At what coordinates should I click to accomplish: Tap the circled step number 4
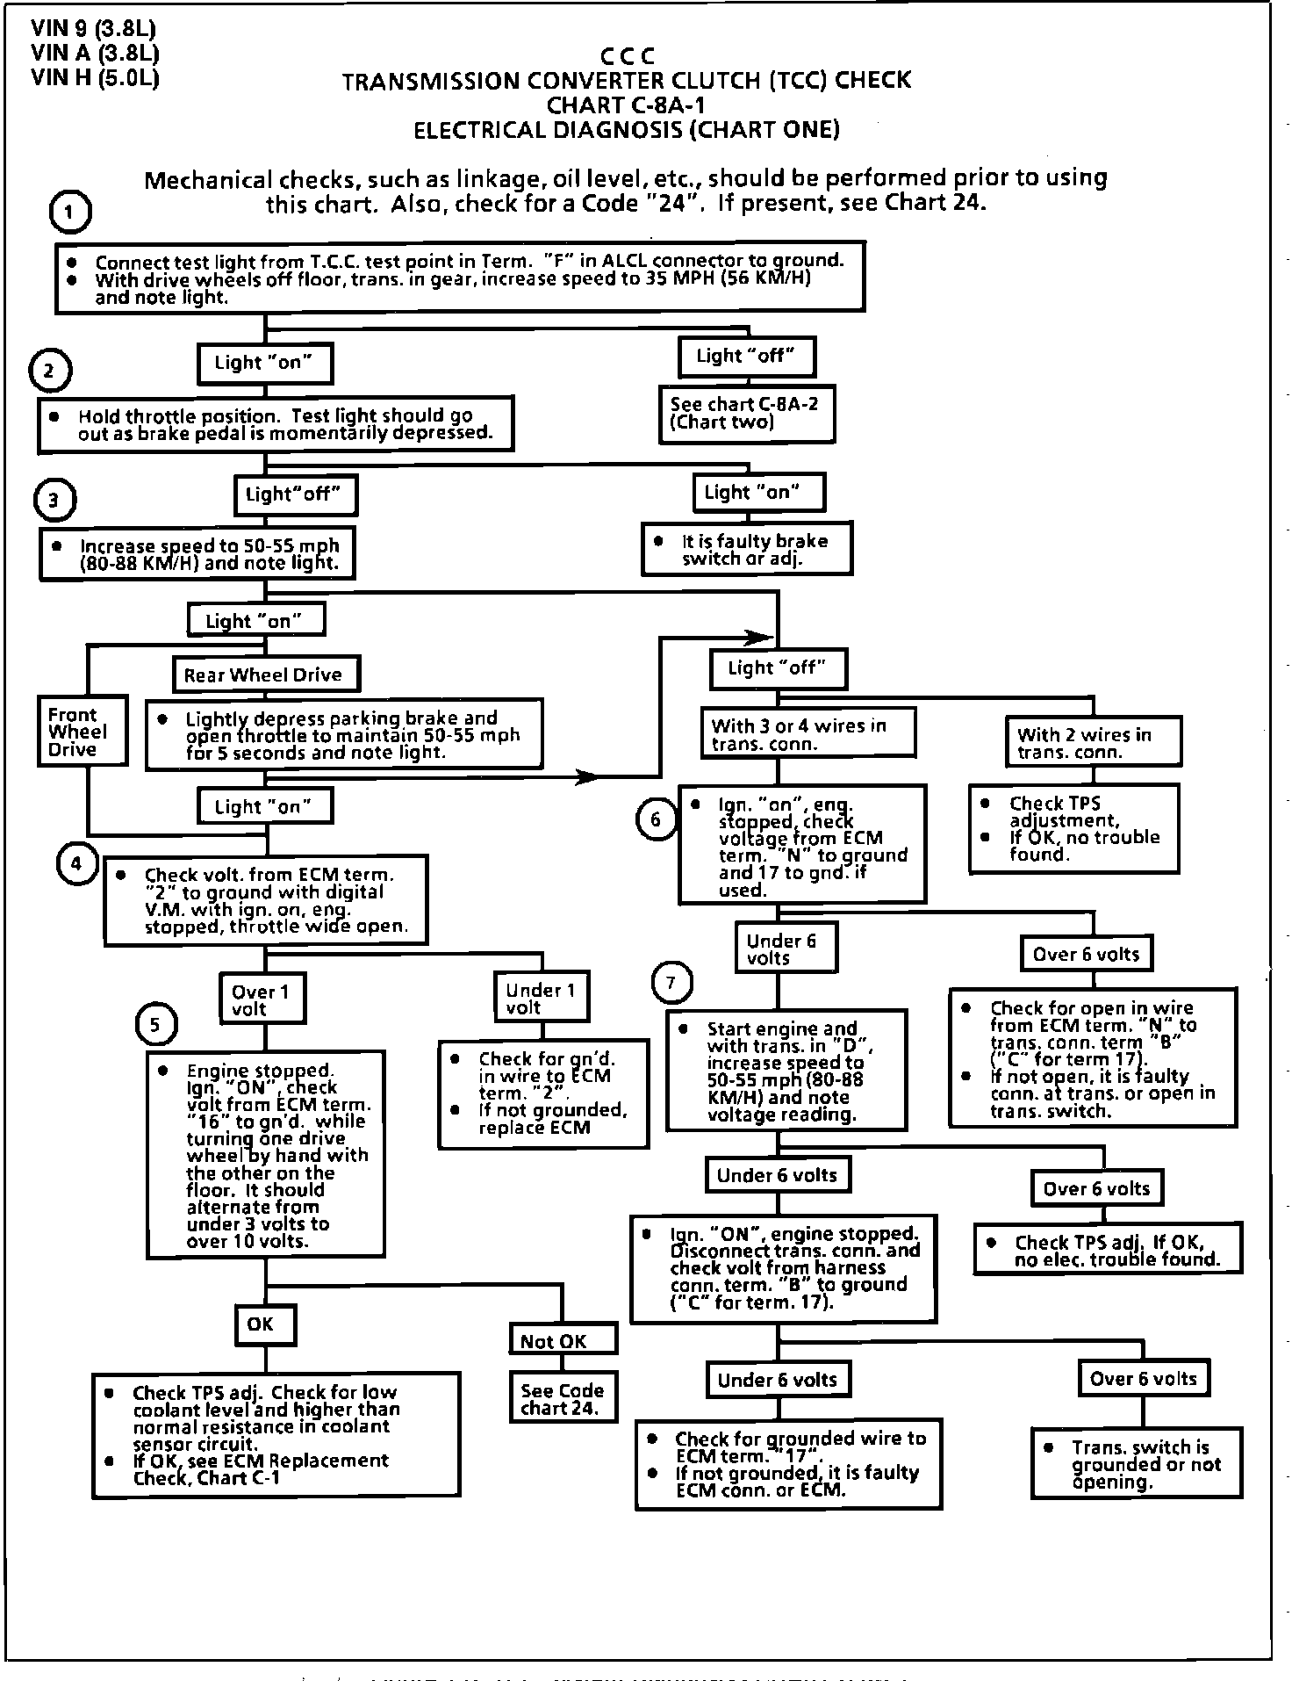(76, 863)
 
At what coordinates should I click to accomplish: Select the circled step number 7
(671, 983)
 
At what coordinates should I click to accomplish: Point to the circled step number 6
(656, 819)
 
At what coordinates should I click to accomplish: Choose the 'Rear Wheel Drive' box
(263, 675)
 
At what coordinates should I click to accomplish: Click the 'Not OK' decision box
(563, 1340)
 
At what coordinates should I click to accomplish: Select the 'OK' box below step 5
(261, 1324)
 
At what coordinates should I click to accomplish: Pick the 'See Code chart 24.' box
(562, 1399)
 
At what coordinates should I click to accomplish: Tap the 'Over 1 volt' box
(261, 999)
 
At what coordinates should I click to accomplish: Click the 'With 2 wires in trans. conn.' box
(1092, 743)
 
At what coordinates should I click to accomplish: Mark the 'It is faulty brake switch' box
(746, 550)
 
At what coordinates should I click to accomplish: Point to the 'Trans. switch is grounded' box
(1138, 1464)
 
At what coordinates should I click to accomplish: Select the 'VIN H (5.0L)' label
(95, 78)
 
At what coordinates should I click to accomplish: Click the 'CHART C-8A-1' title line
(627, 105)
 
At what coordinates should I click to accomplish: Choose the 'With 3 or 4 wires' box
(807, 734)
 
